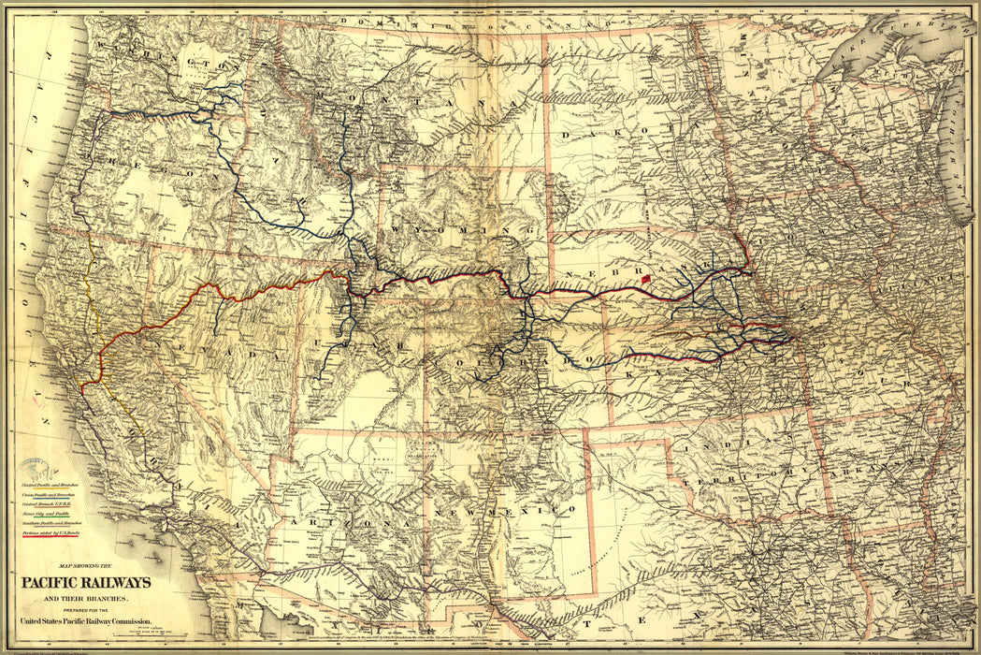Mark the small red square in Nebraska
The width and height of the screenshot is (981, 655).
coord(645,280)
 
